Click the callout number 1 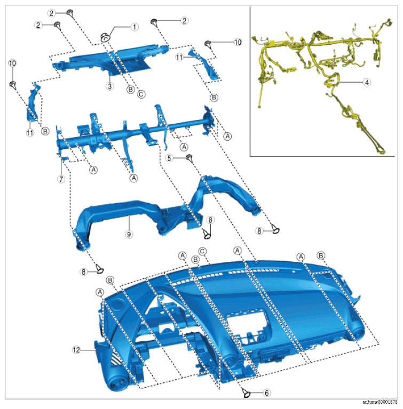135,27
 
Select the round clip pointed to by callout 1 105,37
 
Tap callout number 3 110,86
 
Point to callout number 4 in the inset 367,83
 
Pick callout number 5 169,158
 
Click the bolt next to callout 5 189,158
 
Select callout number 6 266,393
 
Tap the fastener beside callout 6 246,393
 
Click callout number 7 61,179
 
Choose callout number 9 129,235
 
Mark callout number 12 76,350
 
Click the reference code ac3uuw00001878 380,402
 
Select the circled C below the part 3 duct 141,94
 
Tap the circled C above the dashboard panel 202,252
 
